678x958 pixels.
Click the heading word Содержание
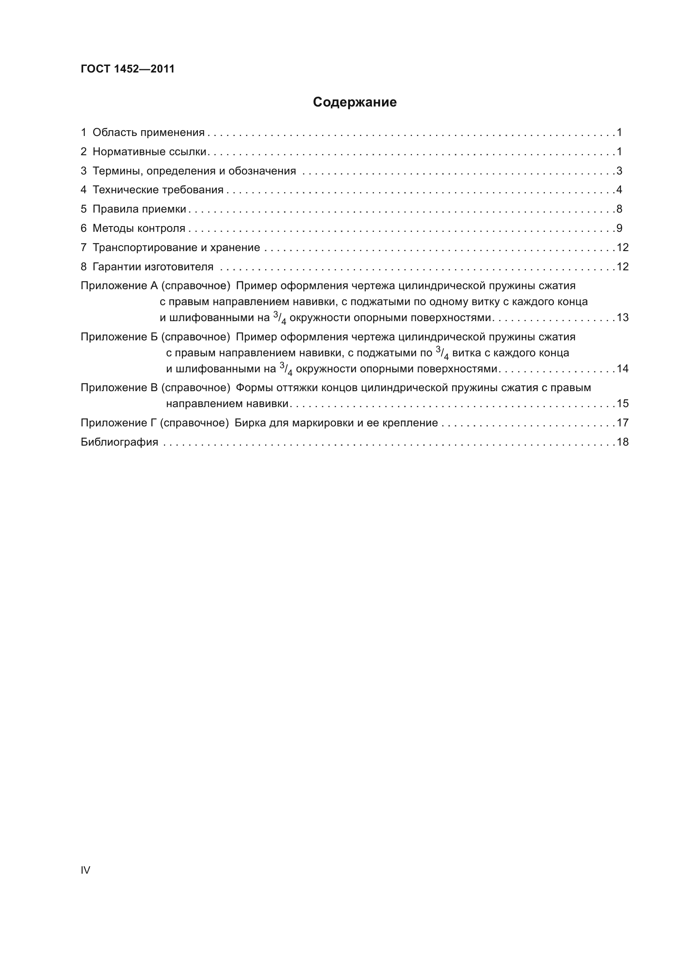[x=355, y=102]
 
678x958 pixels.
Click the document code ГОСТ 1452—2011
[x=127, y=69]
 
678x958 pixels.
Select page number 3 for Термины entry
[x=619, y=171]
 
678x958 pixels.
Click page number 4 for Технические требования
[x=619, y=190]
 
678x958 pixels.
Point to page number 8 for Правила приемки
[x=619, y=209]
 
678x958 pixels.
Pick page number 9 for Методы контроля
[x=619, y=228]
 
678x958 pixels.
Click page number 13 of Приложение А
[x=623, y=317]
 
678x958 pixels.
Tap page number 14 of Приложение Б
[x=623, y=369]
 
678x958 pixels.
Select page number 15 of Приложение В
[x=623, y=403]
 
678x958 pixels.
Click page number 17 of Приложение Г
[x=623, y=423]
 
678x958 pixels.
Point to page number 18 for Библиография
[x=623, y=442]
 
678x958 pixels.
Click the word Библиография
[x=119, y=442]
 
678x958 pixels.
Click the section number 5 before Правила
[x=84, y=209]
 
